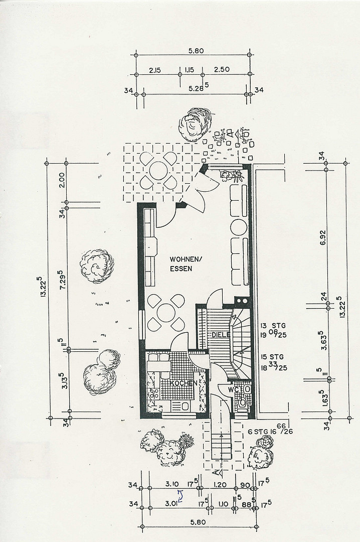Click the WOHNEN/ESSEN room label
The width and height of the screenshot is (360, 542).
point(185,263)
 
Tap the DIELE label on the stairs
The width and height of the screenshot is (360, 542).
point(221,335)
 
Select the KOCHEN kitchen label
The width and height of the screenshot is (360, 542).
point(184,383)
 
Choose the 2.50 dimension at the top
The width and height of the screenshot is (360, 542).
point(222,70)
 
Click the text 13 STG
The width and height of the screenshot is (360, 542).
point(273,326)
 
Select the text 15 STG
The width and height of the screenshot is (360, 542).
point(272,357)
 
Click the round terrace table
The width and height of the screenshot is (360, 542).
point(158,171)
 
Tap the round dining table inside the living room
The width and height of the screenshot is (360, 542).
point(166,313)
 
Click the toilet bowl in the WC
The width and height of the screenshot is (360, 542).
point(242,402)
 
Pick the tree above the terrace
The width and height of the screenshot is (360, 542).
point(195,124)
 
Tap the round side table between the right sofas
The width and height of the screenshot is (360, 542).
point(238,226)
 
